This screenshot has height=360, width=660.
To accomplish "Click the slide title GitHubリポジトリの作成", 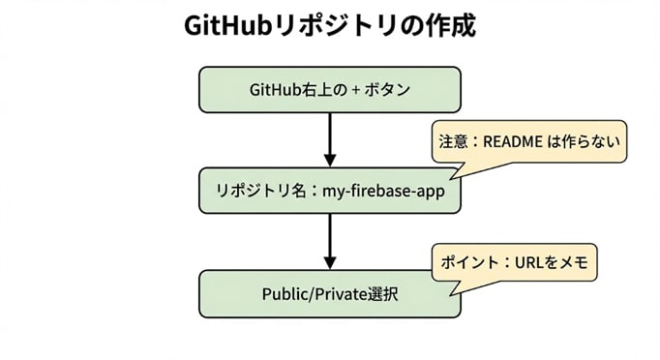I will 329,26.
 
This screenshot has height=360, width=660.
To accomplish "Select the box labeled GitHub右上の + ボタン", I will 329,90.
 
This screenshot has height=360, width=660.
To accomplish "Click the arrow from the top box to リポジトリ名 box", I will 329,139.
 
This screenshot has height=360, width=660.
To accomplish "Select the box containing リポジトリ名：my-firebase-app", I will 329,191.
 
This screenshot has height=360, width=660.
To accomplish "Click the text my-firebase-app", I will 384,191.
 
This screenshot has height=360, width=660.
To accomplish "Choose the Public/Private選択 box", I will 329,292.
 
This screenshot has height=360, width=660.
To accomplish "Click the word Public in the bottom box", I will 285,292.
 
